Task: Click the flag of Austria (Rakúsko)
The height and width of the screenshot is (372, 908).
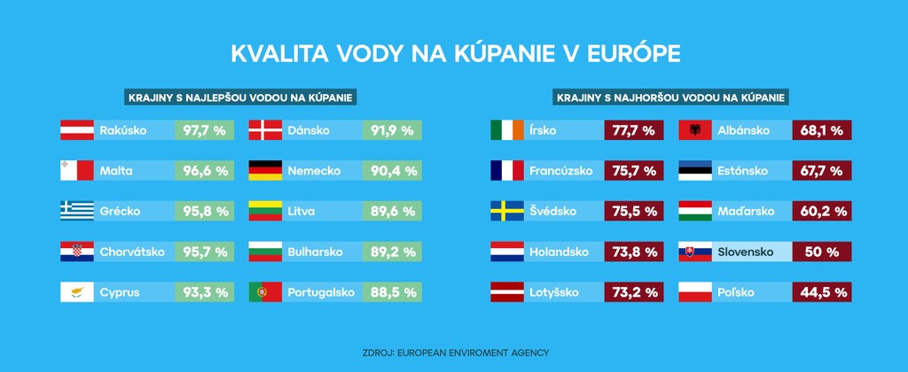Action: [x=77, y=130]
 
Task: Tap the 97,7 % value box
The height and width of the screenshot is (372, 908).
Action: [x=203, y=130]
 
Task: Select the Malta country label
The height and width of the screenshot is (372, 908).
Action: [x=117, y=171]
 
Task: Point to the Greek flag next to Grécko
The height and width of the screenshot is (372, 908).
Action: [x=77, y=211]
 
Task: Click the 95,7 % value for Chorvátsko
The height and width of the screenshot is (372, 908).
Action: [x=203, y=252]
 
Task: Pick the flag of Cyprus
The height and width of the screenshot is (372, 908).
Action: [x=77, y=292]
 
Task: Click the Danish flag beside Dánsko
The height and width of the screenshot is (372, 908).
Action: [x=265, y=130]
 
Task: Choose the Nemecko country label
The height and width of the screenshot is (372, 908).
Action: [x=309, y=171]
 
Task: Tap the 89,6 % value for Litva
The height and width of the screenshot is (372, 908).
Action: [x=391, y=211]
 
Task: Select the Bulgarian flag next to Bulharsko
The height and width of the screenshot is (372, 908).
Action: [x=265, y=252]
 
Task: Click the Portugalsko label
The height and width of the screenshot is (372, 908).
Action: [x=321, y=292]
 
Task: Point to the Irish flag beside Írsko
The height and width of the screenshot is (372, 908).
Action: [x=507, y=130]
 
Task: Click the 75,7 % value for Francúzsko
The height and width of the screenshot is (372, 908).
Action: [x=634, y=171]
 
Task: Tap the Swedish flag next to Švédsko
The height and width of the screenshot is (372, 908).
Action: [x=507, y=211]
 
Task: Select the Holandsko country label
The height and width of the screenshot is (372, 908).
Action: [x=559, y=252]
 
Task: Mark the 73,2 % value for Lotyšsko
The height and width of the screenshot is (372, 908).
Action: [x=634, y=292]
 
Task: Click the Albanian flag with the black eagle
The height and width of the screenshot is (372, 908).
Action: [x=695, y=130]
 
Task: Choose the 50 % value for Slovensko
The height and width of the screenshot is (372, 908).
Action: [x=821, y=252]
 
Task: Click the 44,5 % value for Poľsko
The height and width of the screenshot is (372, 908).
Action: [x=821, y=292]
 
